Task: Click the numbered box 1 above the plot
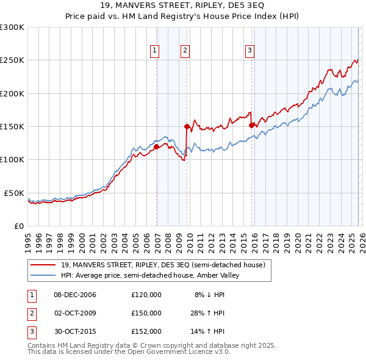point(156,51)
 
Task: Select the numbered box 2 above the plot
point(185,51)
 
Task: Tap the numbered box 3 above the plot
point(250,51)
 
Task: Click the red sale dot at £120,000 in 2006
point(157,146)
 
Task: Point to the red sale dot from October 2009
point(187,126)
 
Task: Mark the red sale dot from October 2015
point(252,125)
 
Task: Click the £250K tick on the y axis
point(12,60)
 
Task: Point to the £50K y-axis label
point(15,193)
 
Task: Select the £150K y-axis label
point(12,126)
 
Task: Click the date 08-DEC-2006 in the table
point(75,295)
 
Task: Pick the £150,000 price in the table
point(146,313)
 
